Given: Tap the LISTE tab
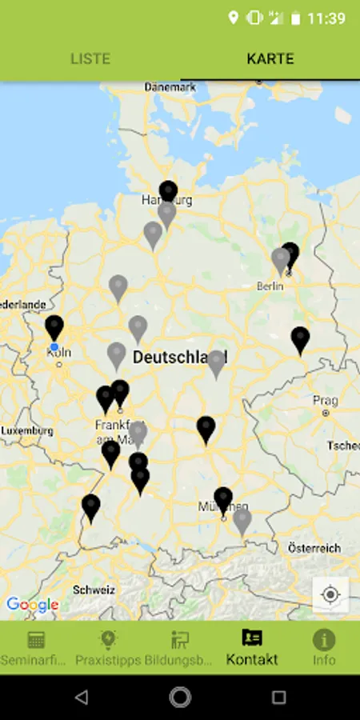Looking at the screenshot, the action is tap(90, 58).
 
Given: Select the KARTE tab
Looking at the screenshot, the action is tap(270, 58).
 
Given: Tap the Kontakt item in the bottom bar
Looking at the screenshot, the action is tap(252, 648).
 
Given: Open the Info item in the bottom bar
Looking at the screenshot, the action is tap(324, 648).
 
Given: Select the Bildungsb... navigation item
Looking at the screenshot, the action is tap(180, 648).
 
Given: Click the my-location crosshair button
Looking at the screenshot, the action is tap(330, 595).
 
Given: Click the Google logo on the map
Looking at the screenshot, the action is tap(32, 605).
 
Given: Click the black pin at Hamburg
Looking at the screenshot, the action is tap(168, 192).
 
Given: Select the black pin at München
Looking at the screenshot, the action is tap(223, 499).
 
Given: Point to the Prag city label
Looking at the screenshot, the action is tap(326, 400).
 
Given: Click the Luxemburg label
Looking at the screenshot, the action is tap(27, 430).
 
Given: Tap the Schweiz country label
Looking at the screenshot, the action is tap(94, 590).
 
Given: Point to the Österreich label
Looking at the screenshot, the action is tap(314, 548).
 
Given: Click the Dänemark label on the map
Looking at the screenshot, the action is tap(170, 86).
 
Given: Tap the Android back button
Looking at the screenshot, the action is tap(82, 698).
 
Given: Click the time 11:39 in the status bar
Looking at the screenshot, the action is tap(326, 18).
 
